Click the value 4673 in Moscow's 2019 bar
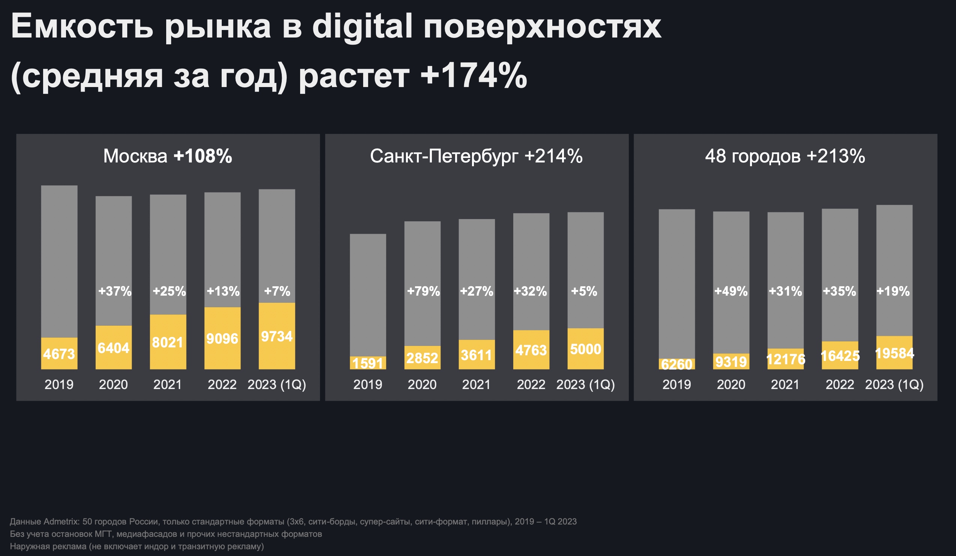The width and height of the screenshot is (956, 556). point(59,354)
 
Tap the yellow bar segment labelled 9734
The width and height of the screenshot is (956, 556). point(277,337)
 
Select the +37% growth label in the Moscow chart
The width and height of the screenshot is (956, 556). point(114,291)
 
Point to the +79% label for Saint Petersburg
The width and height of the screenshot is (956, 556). point(423,291)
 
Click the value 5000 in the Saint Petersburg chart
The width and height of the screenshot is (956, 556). point(585,349)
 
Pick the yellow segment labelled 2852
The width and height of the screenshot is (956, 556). point(422,358)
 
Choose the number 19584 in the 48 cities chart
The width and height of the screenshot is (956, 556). point(894,353)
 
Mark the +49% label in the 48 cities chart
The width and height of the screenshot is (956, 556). point(731,291)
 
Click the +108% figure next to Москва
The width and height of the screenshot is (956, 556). point(203,156)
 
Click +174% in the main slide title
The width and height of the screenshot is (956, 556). point(473,76)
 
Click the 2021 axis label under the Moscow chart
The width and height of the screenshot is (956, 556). point(168,385)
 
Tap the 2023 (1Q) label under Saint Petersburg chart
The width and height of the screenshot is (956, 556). point(585,385)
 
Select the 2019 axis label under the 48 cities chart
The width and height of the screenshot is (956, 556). point(676,385)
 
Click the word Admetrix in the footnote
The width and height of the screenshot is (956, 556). point(61,521)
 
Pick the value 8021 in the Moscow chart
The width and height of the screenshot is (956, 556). point(168,343)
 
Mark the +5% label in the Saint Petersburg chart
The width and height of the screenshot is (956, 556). point(584,291)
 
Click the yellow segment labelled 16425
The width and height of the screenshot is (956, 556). point(840,356)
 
